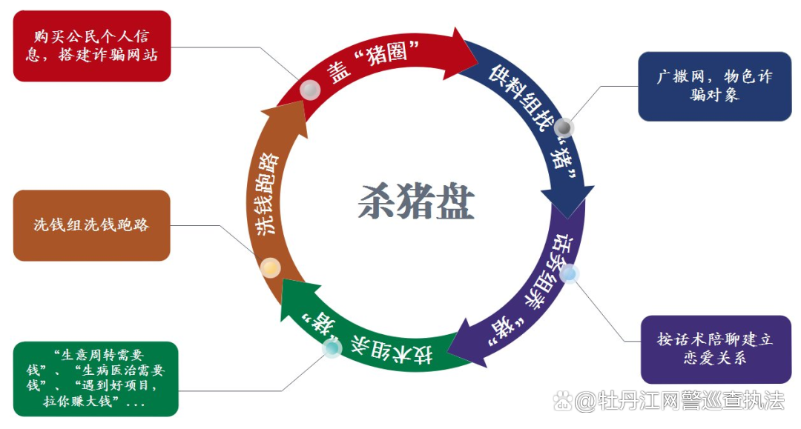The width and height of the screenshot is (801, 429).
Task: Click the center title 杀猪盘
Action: tap(415, 200)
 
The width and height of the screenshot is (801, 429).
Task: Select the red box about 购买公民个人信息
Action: tap(92, 46)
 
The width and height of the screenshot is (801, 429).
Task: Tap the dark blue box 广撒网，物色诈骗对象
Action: tap(704, 86)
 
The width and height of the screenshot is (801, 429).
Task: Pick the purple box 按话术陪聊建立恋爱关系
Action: tap(705, 348)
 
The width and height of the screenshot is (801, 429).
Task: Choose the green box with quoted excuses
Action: tap(96, 378)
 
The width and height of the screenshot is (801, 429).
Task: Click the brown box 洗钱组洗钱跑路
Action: tap(91, 225)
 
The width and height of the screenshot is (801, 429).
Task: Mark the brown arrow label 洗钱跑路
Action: tap(267, 194)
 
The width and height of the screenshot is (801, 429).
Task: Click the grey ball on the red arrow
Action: tap(310, 90)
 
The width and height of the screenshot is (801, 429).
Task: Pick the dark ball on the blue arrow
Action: tap(564, 127)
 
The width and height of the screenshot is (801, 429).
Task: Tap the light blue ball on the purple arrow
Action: tap(569, 275)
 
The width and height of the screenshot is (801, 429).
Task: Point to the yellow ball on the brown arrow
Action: tap(271, 267)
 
